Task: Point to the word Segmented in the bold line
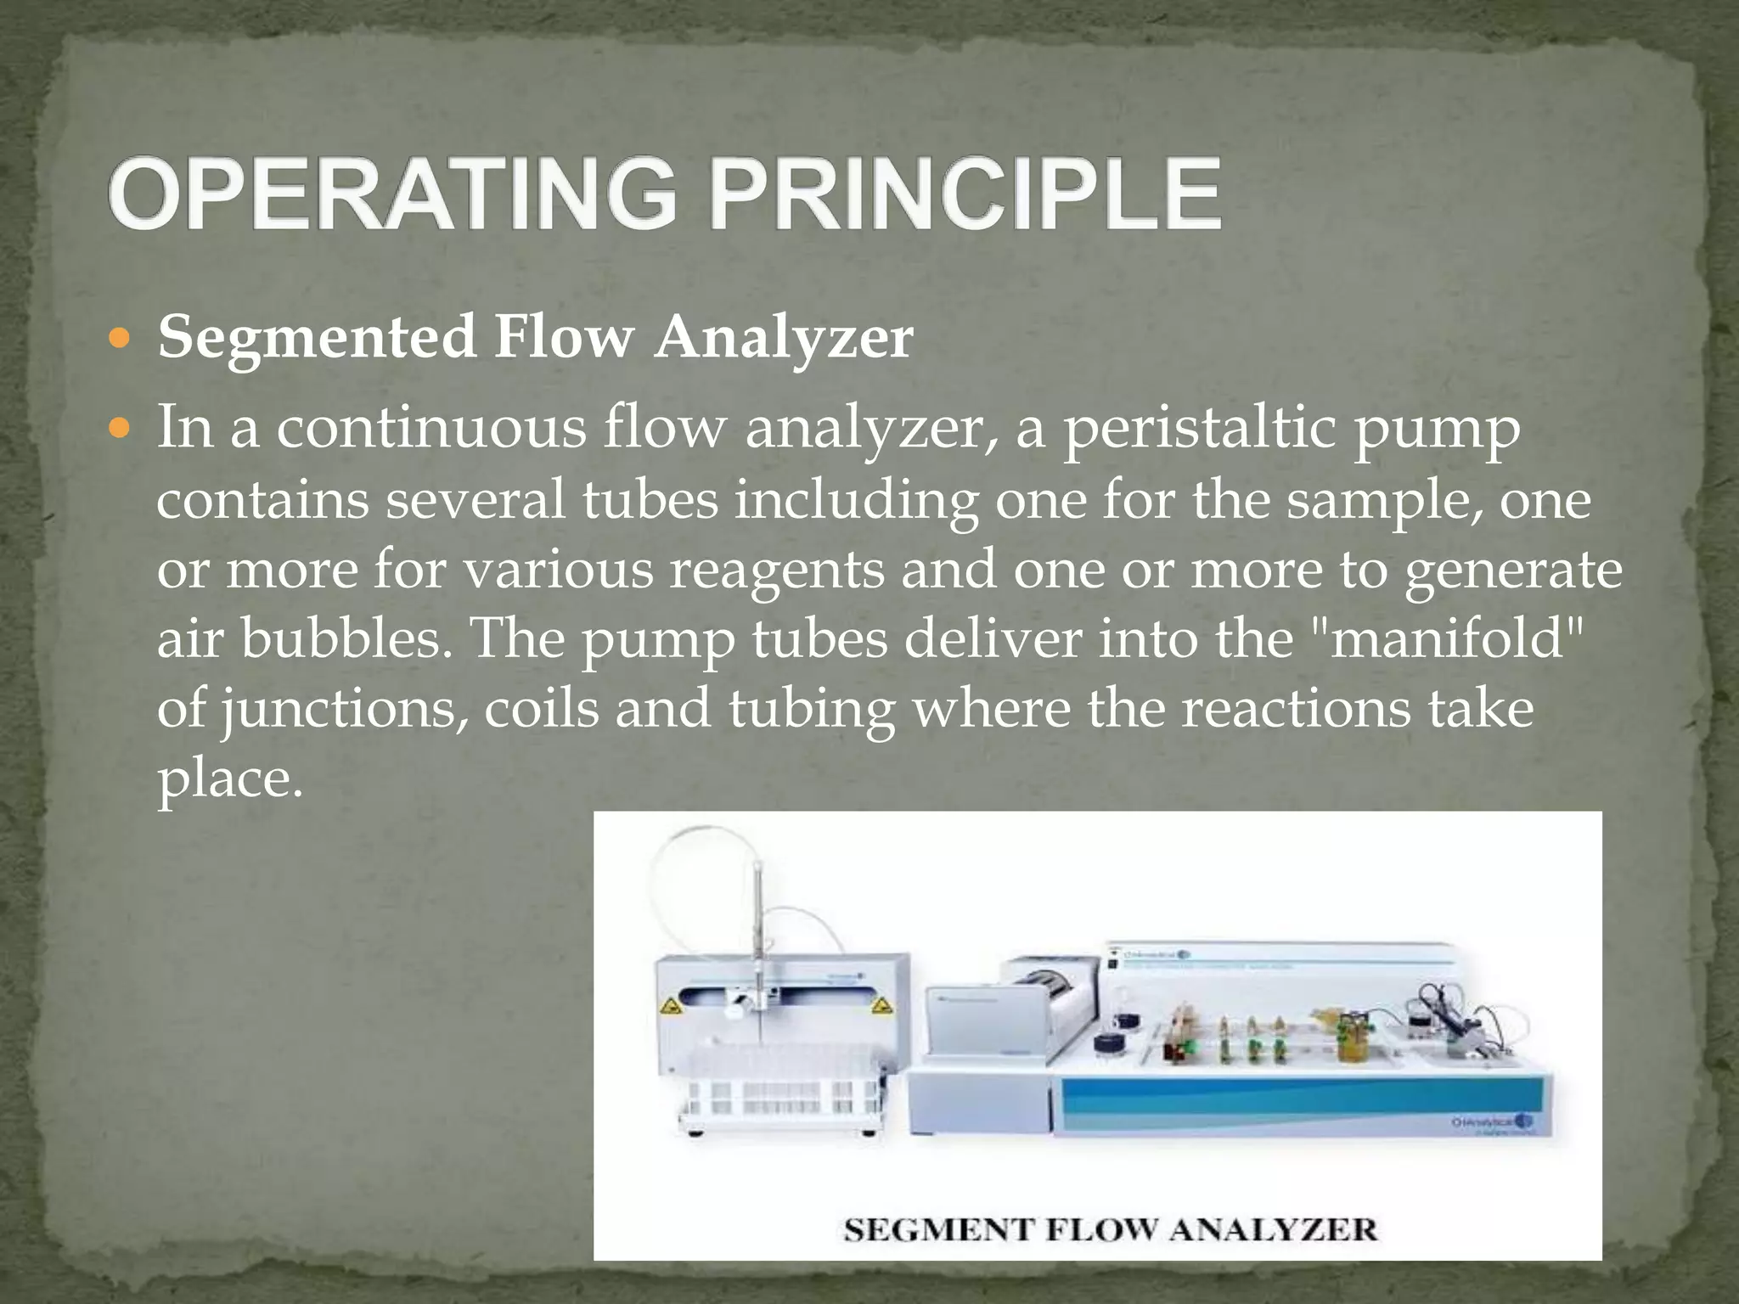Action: tap(316, 337)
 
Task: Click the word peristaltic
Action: tap(1199, 429)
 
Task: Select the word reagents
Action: tap(776, 569)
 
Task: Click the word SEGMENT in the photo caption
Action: tap(927, 1229)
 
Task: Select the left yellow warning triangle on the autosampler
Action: tap(670, 1008)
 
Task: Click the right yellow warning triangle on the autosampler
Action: tap(882, 1007)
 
